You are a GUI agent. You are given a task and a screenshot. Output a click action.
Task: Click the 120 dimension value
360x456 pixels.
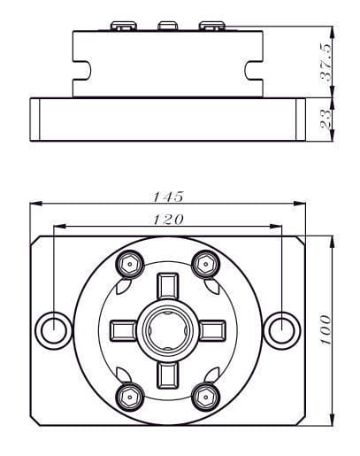point(167,218)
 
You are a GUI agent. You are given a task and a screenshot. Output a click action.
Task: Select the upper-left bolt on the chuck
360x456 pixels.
point(128,263)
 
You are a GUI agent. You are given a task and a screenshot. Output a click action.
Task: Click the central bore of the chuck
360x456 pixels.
point(167,329)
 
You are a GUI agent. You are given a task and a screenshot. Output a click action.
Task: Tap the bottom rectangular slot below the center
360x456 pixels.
point(167,372)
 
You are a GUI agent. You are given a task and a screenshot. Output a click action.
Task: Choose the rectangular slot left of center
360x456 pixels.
point(124,329)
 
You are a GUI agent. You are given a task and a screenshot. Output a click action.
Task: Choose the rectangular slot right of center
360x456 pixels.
point(211,329)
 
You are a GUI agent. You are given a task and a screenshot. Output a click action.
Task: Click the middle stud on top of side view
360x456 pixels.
point(167,26)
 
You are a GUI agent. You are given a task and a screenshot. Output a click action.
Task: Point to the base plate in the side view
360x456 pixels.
point(167,117)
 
